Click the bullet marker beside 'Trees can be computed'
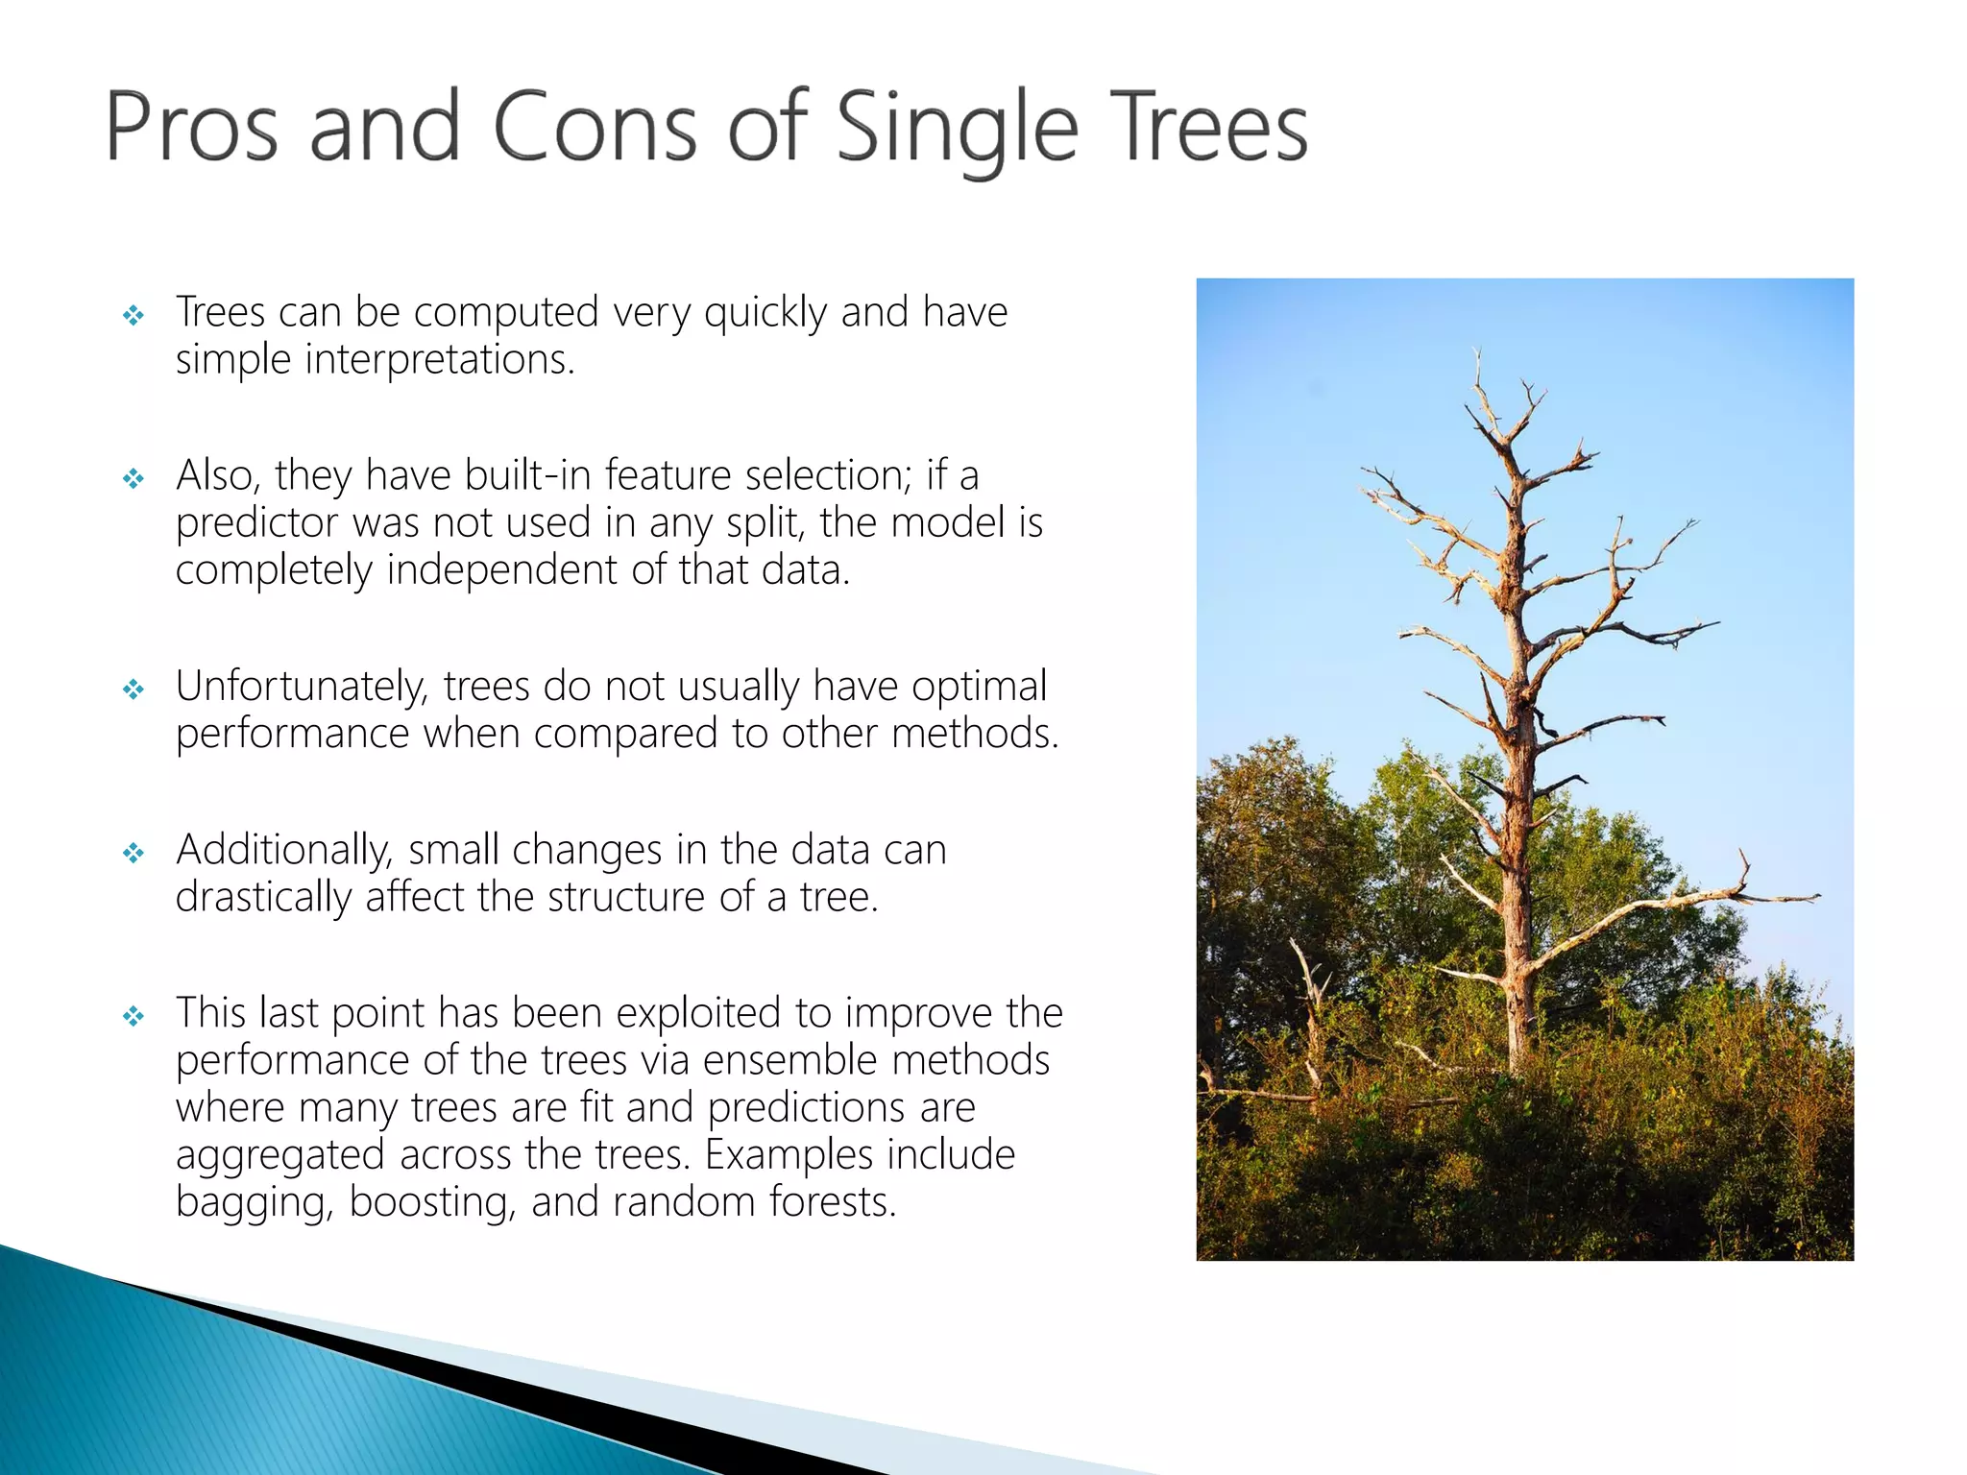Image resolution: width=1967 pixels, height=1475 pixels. click(x=134, y=315)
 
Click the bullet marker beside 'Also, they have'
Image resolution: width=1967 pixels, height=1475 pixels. click(x=134, y=478)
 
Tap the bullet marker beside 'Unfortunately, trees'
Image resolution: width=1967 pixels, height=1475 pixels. click(x=134, y=689)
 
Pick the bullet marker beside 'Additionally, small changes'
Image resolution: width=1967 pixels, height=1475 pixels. click(x=134, y=853)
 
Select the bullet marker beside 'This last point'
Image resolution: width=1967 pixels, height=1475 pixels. click(x=134, y=1016)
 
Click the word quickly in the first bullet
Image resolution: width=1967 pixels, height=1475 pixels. click(x=765, y=313)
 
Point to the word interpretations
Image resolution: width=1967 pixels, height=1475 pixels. click(x=440, y=360)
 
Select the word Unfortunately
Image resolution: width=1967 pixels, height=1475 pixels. click(x=303, y=688)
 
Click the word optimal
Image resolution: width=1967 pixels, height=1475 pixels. click(x=979, y=688)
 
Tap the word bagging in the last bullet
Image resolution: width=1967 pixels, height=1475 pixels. click(x=253, y=1203)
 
